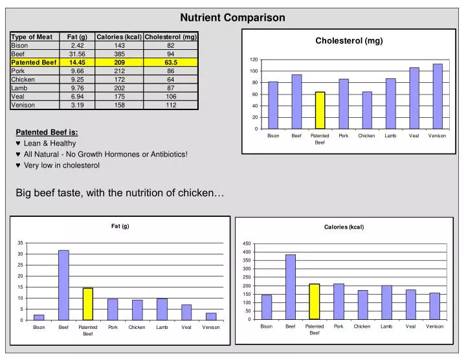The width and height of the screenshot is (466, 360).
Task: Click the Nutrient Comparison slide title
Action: click(232, 17)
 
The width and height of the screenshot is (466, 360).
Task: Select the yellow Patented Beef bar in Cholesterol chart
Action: click(320, 110)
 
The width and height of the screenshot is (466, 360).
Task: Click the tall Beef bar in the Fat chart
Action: click(63, 285)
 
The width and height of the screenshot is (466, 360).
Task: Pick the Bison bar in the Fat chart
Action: click(39, 317)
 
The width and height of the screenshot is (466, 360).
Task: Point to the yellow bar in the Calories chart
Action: click(315, 301)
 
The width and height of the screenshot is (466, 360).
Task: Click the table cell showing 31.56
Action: click(77, 54)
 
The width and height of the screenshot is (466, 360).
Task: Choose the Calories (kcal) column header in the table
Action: click(119, 37)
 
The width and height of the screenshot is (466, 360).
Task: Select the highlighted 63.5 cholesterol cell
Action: click(170, 62)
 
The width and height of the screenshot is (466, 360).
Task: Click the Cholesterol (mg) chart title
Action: click(349, 41)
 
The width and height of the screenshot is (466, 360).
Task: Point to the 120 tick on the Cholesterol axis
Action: click(254, 60)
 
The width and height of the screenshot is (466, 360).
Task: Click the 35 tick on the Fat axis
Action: click(21, 243)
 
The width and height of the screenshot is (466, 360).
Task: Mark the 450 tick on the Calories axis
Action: click(247, 243)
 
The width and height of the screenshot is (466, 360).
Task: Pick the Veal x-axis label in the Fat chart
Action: click(186, 328)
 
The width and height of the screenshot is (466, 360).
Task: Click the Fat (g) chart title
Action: click(120, 226)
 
